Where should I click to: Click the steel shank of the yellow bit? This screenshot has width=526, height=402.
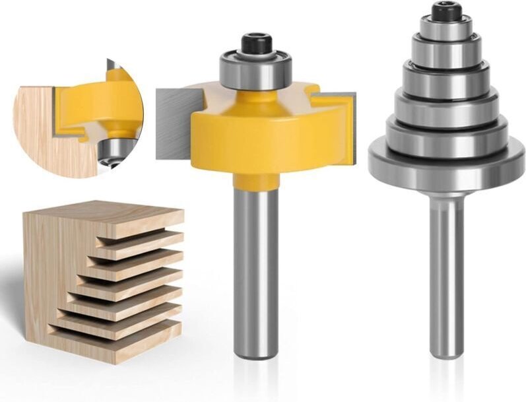255,277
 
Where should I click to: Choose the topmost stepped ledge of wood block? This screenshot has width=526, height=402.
142,228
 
